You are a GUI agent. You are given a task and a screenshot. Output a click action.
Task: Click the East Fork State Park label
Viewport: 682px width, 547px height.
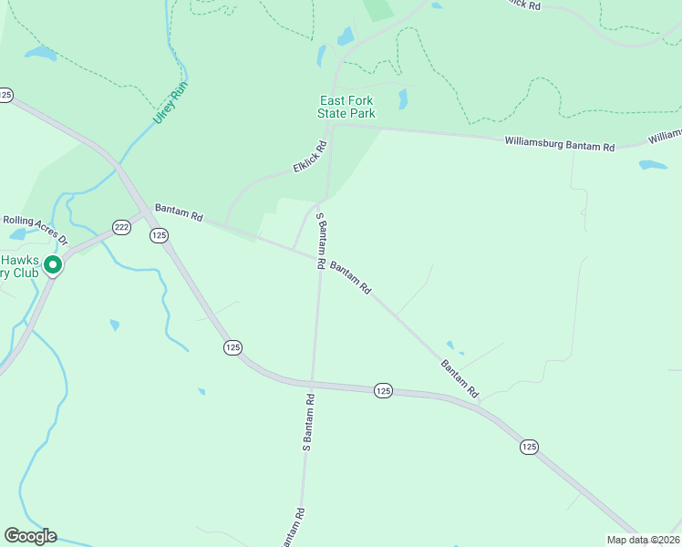(x=346, y=107)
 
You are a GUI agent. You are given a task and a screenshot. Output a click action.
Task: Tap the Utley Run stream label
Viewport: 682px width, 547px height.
(x=170, y=103)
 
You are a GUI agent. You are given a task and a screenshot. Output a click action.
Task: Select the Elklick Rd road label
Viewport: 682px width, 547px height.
(x=309, y=158)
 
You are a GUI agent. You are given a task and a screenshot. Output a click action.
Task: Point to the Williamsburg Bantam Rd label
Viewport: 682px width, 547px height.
(x=560, y=143)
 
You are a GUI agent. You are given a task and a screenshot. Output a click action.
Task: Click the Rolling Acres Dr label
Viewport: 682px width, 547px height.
(x=35, y=229)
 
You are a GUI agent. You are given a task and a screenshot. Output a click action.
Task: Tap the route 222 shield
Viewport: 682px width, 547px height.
(x=121, y=226)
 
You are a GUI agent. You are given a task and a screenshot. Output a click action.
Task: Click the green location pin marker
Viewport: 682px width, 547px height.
(x=53, y=265)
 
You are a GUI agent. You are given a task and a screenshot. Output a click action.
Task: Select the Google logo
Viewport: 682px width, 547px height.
(x=30, y=536)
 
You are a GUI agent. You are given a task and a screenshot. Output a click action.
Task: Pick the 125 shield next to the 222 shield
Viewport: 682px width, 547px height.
(x=160, y=235)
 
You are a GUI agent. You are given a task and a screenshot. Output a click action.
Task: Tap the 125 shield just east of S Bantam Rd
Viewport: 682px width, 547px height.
(x=383, y=390)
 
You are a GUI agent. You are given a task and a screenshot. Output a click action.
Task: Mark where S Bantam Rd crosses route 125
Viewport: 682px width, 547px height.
(x=311, y=382)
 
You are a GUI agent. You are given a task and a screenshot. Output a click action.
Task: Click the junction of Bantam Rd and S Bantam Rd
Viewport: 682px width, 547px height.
(x=319, y=256)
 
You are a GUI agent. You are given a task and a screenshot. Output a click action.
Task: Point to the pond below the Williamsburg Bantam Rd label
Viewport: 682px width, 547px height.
(x=653, y=165)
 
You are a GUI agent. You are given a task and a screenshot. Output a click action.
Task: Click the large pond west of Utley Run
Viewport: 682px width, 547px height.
(x=40, y=53)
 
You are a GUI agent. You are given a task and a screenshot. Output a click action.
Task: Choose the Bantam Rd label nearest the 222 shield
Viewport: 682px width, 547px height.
(x=178, y=212)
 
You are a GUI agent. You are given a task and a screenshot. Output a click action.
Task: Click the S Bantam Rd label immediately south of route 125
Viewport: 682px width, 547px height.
(x=308, y=423)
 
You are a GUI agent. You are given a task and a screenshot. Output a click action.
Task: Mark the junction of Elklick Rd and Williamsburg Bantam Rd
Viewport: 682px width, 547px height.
(x=332, y=126)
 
